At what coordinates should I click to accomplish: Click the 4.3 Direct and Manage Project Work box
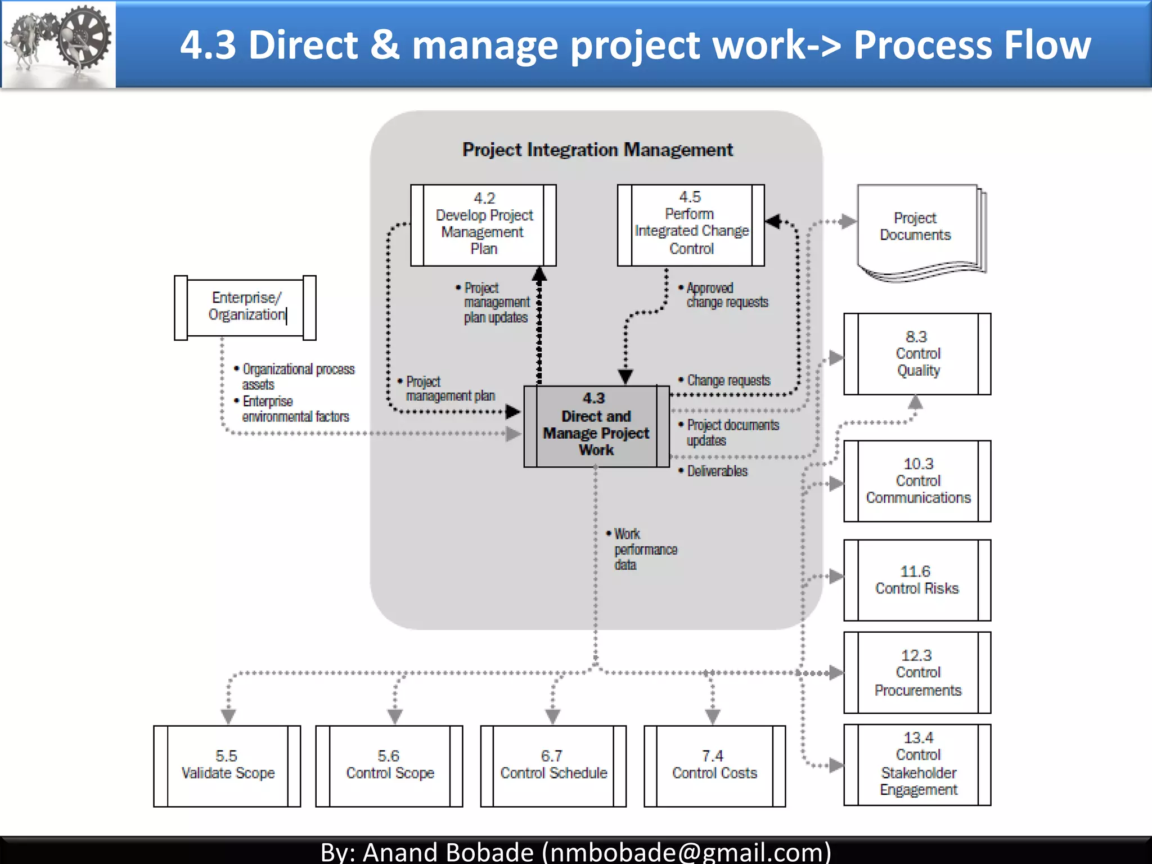click(x=596, y=426)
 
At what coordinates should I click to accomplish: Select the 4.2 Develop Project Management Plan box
click(x=483, y=225)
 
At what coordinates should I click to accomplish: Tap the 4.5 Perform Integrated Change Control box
click(x=691, y=225)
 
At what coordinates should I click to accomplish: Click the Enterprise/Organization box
click(x=245, y=307)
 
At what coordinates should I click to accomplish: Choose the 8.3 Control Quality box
click(x=917, y=354)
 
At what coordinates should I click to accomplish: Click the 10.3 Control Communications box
click(x=917, y=481)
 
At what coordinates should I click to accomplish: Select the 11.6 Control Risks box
click(x=917, y=580)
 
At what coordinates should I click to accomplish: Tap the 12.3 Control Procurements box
click(x=917, y=673)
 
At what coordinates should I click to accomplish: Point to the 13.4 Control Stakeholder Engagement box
click(x=917, y=764)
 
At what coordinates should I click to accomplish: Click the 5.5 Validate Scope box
click(x=227, y=766)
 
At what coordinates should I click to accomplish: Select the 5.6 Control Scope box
click(x=389, y=766)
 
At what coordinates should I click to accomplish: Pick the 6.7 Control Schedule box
click(x=553, y=766)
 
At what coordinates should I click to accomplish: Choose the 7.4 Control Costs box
click(x=714, y=766)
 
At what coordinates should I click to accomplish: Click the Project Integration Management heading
click(x=597, y=150)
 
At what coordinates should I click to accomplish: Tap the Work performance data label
click(x=644, y=550)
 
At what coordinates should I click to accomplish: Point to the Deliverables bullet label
click(x=717, y=471)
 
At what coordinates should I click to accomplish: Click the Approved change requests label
click(x=726, y=295)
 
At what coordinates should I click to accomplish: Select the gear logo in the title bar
click(x=58, y=44)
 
